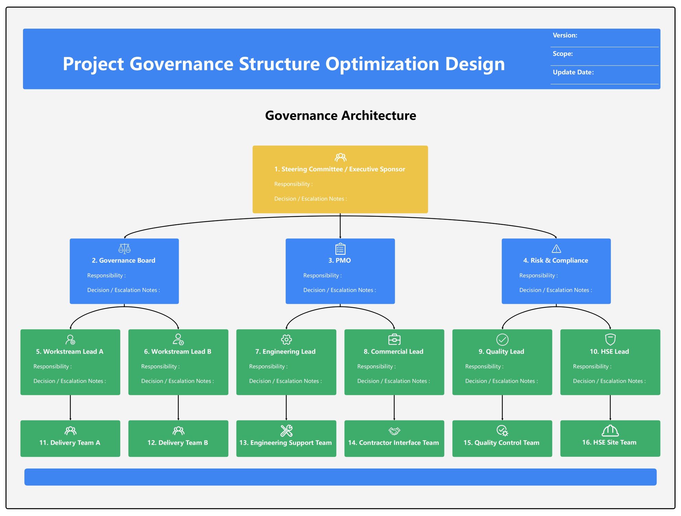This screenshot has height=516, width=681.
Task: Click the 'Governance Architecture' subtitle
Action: [x=340, y=116]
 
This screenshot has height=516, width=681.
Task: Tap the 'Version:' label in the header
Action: [x=565, y=35]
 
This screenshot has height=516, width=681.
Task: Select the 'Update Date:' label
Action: [x=573, y=72]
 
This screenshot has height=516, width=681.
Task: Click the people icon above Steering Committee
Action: [x=340, y=158]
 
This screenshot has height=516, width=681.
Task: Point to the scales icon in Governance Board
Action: [x=124, y=248]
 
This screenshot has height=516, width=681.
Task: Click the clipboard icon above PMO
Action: [x=340, y=249]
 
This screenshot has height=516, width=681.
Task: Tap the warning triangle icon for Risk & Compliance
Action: [x=556, y=249]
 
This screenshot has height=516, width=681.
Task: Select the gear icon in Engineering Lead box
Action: [x=286, y=340]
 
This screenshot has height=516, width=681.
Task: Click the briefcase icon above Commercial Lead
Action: [x=394, y=340]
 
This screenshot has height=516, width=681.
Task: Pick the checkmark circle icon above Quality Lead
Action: [x=502, y=340]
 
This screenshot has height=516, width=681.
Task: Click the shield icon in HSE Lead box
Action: [x=610, y=340]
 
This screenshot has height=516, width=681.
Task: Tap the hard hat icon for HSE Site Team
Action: [x=610, y=430]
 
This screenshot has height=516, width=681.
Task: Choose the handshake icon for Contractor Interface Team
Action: [x=394, y=431]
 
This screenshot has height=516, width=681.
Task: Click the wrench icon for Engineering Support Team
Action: [x=286, y=431]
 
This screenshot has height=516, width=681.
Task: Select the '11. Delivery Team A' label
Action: [x=70, y=443]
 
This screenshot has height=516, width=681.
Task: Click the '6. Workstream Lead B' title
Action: [x=178, y=352]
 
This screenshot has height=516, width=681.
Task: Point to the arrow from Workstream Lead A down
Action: [x=70, y=408]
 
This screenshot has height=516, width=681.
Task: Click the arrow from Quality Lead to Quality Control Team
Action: [x=502, y=408]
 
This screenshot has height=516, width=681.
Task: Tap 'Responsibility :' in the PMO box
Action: [x=322, y=276]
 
